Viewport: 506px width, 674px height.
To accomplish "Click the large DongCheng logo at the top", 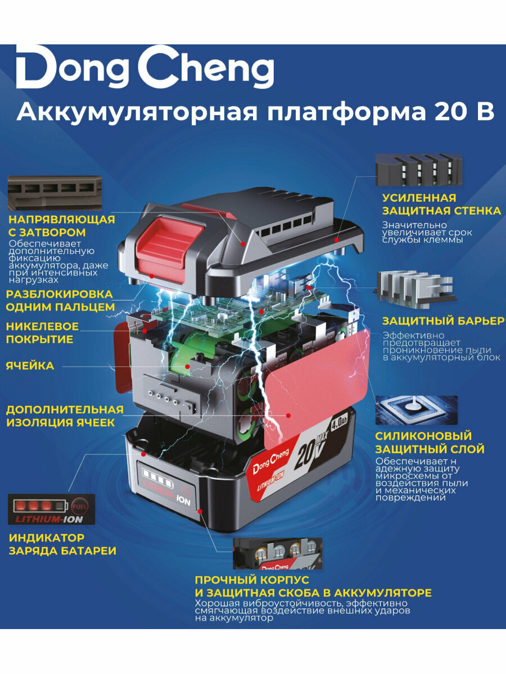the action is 145,67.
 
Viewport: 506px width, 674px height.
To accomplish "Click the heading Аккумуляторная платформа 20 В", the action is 256,113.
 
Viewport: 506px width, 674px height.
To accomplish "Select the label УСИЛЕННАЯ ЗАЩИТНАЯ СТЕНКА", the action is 441,204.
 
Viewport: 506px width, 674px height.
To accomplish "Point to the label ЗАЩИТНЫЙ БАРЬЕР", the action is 443,321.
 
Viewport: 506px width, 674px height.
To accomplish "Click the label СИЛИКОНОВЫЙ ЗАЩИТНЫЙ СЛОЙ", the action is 430,443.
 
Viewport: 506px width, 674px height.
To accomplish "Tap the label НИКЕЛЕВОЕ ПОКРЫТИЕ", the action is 42,333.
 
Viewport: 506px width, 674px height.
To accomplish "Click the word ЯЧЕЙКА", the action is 30,366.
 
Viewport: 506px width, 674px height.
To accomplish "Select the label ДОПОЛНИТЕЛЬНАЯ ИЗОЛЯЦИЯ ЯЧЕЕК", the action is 65,416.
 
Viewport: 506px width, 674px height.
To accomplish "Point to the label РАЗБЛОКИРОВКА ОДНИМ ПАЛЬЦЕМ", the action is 60,300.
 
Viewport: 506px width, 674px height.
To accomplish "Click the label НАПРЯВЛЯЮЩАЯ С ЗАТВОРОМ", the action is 62,226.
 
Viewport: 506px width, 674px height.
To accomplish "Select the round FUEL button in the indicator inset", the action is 79,507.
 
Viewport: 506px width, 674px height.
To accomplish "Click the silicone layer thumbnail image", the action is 416,410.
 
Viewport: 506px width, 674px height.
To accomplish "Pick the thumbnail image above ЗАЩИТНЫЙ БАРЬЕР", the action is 414,290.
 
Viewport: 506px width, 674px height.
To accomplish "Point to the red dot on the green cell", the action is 187,366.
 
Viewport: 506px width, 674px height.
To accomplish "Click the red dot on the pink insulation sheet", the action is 288,416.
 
